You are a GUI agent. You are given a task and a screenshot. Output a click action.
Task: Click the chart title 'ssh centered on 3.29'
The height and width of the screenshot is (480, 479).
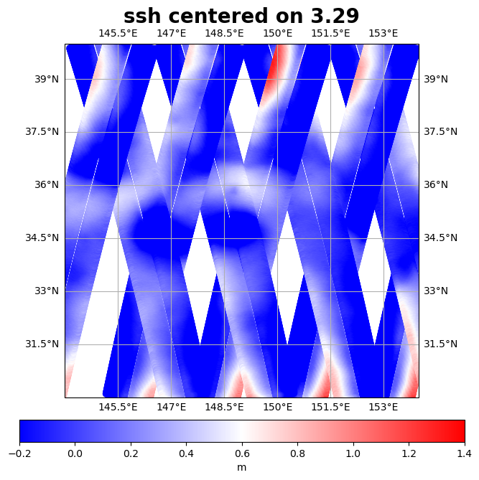241,17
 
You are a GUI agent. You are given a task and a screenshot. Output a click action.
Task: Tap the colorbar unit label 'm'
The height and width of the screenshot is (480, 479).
241,467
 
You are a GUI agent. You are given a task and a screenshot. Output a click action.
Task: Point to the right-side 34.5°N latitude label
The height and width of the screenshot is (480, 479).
440,238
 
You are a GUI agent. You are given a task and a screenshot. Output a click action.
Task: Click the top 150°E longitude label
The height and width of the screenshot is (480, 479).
277,33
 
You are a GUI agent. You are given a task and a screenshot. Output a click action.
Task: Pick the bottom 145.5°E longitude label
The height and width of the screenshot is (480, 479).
118,408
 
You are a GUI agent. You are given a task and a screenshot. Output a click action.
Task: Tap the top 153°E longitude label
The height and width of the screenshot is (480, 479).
383,33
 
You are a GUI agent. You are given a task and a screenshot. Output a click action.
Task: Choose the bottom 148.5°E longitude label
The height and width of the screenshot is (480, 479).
224,408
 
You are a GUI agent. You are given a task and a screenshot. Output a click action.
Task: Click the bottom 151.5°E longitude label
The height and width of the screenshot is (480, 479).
330,408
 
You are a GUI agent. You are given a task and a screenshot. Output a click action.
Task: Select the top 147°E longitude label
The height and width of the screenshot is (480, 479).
171,33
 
